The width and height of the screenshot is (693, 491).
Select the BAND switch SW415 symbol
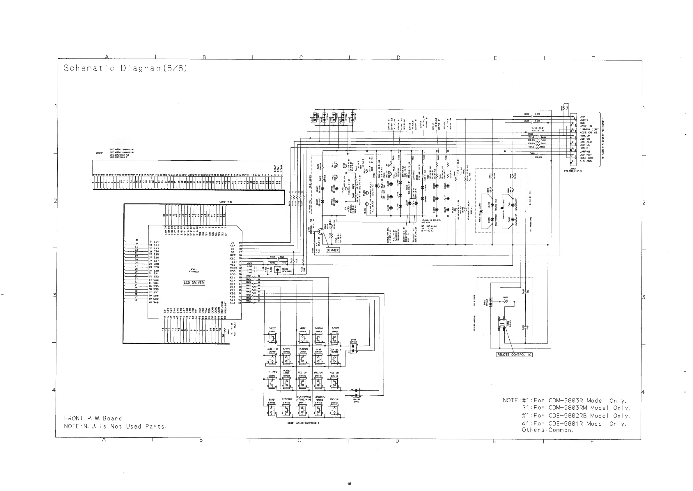pos(272,411)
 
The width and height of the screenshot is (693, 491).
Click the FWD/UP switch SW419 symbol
pos(334,411)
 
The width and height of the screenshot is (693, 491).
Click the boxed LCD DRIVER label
pos(194,283)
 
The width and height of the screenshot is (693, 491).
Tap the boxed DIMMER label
pos(333,250)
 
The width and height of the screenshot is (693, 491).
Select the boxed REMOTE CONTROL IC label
pos(514,355)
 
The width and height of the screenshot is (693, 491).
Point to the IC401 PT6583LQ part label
pos(194,270)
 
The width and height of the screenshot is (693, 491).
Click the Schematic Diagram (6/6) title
pos(125,68)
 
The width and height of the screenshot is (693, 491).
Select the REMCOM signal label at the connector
pos(585,136)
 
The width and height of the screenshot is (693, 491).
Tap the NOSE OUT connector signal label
pos(586,158)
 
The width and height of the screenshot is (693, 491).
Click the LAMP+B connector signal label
pos(585,152)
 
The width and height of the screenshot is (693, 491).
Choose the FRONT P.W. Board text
pos(93,418)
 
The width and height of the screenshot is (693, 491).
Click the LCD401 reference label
pos(100,153)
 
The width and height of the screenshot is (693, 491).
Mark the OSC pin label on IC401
pos(233,259)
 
